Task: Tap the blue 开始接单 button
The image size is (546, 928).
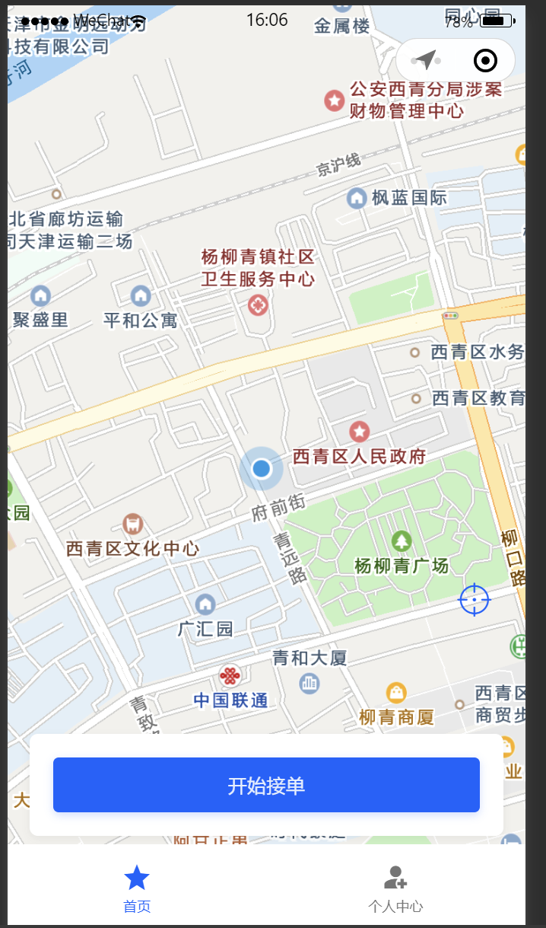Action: [266, 785]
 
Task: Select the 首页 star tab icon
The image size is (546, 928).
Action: [137, 878]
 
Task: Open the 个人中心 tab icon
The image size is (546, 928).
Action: [395, 878]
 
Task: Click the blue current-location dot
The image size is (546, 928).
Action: [261, 468]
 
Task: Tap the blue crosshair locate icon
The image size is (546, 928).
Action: [475, 600]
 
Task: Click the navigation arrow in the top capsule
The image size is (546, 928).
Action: [427, 60]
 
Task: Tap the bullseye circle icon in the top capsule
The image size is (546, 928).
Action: [485, 60]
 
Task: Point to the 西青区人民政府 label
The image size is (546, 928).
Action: [359, 456]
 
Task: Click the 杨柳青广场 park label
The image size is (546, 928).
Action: [402, 566]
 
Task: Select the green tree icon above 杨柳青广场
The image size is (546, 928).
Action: [402, 541]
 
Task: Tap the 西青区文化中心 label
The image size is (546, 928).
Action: [132, 548]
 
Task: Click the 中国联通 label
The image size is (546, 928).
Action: [230, 700]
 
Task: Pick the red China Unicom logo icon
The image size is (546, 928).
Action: [230, 674]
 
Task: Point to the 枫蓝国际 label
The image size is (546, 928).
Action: [409, 198]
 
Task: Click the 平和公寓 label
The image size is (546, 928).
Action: [141, 320]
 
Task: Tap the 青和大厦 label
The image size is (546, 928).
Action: [310, 658]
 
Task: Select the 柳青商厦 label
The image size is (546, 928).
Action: [396, 716]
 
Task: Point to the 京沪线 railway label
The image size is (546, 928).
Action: [338, 164]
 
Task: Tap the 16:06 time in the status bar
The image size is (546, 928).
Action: [267, 20]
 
